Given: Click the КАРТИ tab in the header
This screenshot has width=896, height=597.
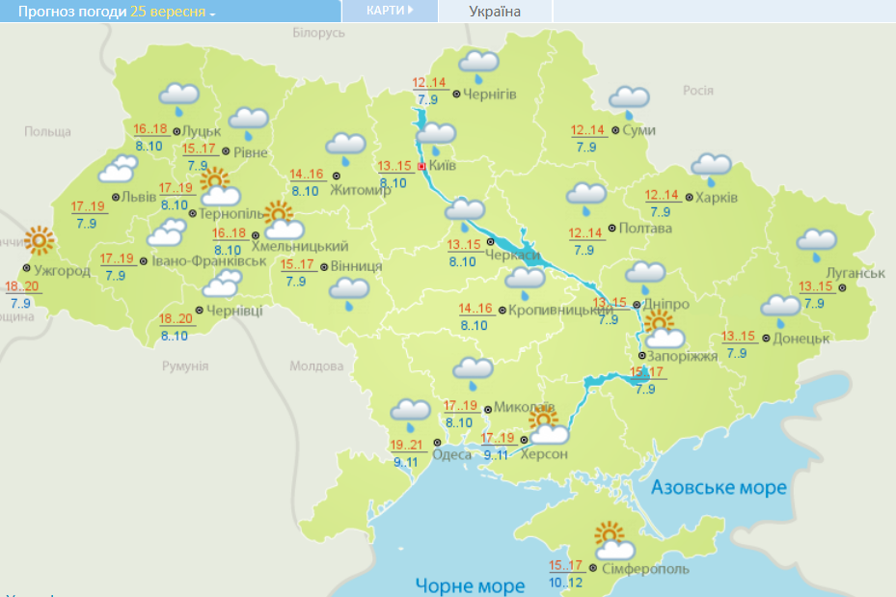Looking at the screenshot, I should [390, 11].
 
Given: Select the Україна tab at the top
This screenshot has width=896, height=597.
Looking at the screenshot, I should [494, 12].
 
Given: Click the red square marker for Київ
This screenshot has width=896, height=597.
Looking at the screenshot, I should [421, 165].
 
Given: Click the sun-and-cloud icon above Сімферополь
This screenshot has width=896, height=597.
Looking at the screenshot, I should [612, 542].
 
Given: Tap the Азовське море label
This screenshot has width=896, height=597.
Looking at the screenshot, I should [719, 487].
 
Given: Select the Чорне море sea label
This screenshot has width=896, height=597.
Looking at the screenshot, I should [470, 584].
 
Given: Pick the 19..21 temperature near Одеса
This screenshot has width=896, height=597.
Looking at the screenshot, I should [408, 445].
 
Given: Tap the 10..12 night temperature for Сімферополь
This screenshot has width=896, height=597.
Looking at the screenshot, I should [566, 583].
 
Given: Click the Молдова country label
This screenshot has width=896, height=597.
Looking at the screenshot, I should [316, 366].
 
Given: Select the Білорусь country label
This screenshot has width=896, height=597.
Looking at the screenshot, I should [317, 33].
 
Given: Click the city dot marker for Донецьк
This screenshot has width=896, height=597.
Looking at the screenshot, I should [766, 339].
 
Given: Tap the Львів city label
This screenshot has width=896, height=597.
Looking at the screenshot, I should [134, 197].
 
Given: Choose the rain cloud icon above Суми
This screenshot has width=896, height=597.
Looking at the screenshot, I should [629, 99].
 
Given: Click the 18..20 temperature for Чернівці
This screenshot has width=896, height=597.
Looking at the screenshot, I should [176, 319].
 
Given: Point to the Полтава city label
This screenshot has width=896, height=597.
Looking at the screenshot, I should [645, 229].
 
